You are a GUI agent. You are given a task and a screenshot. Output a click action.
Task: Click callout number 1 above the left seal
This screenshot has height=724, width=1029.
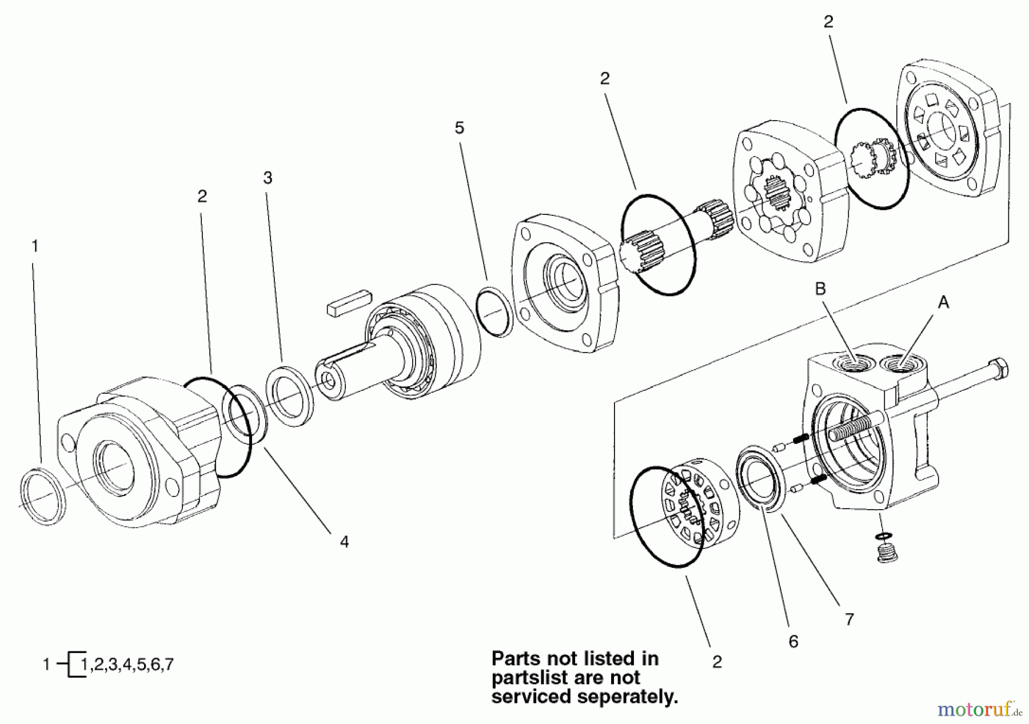click(x=35, y=247)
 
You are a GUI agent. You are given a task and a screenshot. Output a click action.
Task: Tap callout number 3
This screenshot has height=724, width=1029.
click(x=268, y=178)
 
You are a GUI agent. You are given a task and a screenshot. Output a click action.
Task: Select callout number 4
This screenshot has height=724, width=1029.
click(x=344, y=541)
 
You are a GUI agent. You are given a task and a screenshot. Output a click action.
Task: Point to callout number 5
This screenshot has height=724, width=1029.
click(x=460, y=128)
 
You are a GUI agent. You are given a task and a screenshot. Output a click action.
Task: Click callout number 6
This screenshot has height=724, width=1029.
click(x=793, y=642)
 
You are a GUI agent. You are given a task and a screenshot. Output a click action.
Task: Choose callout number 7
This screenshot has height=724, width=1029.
click(x=849, y=619)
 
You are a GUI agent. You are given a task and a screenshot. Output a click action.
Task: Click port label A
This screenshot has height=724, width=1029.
click(x=943, y=303)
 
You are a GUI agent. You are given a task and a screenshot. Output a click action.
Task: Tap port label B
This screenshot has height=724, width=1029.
click(x=820, y=289)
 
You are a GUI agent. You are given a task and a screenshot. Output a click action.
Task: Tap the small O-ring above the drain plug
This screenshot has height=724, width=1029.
click(x=883, y=535)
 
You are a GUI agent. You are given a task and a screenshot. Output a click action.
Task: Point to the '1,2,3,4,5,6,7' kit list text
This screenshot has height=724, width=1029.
click(x=127, y=665)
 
